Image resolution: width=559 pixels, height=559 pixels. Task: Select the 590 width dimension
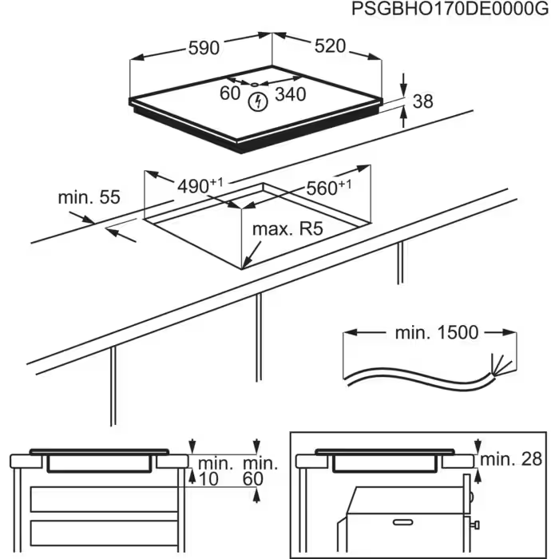coord(204,48)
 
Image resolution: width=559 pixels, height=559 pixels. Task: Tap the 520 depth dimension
coord(329,46)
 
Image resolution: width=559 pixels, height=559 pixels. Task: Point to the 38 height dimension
coord(423,101)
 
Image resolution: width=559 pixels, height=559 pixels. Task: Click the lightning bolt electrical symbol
coord(258,101)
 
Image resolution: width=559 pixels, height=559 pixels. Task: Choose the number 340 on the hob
coord(290,94)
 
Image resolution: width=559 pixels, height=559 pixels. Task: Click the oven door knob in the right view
coord(476,525)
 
